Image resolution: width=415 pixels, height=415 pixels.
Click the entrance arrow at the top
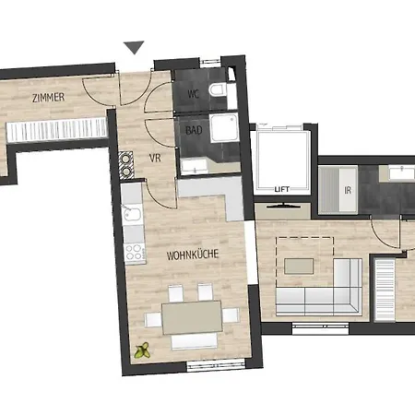[x=135, y=47]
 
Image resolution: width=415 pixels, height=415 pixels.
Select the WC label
[x=193, y=93]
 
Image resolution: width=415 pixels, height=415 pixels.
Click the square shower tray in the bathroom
[x=224, y=130]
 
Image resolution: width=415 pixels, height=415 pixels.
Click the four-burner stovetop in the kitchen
[x=134, y=250]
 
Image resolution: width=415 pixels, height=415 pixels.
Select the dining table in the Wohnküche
[x=191, y=315]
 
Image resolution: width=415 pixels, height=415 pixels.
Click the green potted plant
[x=143, y=350]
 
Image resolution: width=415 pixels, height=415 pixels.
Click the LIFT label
[x=282, y=188]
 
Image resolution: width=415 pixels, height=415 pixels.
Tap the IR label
[x=348, y=189]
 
